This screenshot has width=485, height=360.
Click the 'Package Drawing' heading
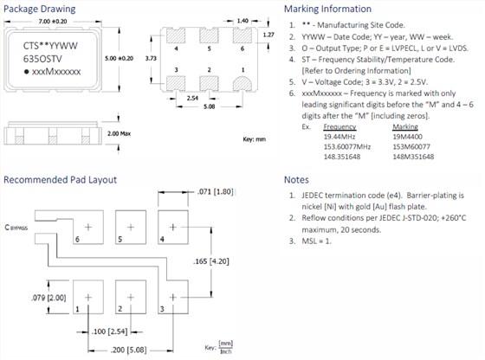(x=39, y=9)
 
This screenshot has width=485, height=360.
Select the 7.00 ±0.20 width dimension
(x=53, y=22)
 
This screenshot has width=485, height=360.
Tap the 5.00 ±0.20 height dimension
(x=120, y=58)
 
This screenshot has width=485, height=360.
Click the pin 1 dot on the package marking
(x=27, y=72)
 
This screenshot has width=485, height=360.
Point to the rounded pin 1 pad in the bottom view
(x=242, y=84)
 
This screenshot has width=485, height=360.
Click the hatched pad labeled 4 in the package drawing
(x=176, y=35)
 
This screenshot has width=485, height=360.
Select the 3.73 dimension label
(x=151, y=58)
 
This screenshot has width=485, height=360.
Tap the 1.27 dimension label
(x=268, y=35)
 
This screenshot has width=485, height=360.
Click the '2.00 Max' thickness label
(x=120, y=133)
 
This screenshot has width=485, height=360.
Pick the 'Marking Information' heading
(x=328, y=9)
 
